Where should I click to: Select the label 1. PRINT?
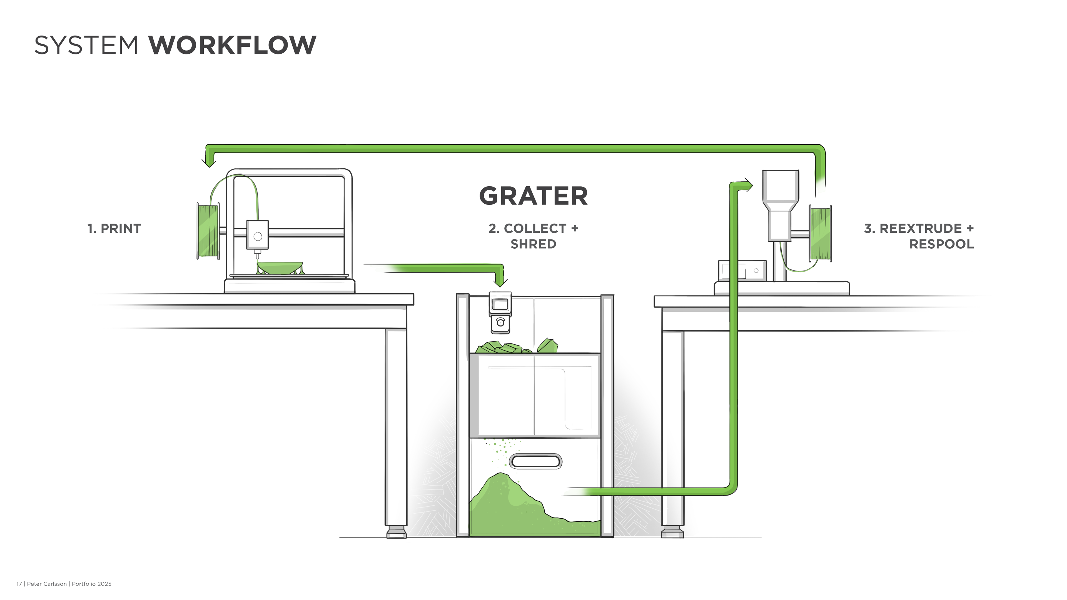pos(114,229)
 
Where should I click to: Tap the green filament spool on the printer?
pos(208,231)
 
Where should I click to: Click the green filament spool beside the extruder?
pos(821,234)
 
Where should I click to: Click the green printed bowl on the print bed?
pos(280,267)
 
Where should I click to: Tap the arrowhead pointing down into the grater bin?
pos(501,282)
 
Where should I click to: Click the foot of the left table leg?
pos(396,532)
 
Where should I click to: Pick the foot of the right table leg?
pos(672,532)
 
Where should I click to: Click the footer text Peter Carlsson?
pos(47,584)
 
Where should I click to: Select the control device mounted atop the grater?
pos(500,312)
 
